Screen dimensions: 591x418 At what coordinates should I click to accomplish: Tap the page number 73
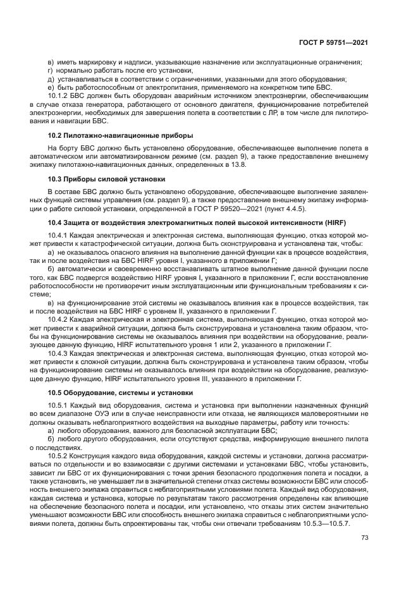point(364,538)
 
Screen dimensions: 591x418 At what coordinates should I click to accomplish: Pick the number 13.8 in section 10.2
point(240,165)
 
